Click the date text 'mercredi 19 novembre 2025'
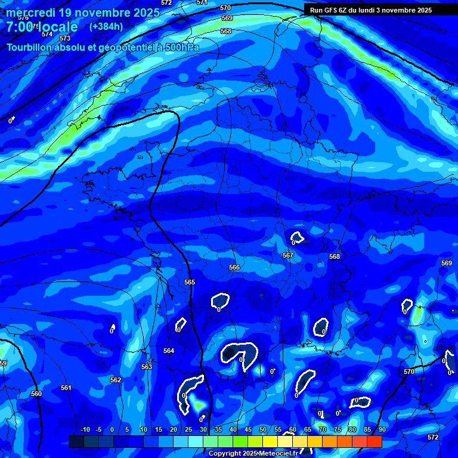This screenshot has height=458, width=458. click(83, 13)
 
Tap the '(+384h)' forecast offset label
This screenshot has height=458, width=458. click(106, 26)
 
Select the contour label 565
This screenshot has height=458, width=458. click(190, 282)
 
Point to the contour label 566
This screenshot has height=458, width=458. click(234, 268)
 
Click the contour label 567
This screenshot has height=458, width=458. click(288, 255)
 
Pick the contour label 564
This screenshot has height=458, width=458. click(169, 351)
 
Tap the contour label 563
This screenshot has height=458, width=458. click(147, 367)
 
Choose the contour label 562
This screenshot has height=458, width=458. click(116, 380)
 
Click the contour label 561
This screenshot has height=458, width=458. click(66, 388)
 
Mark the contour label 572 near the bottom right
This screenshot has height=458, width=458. click(433, 437)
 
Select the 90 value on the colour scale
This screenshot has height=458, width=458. click(382, 429)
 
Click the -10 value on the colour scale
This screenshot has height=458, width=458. click(85, 429)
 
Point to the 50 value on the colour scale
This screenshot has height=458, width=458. click(263, 429)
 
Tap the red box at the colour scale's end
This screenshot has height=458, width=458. click(375, 441)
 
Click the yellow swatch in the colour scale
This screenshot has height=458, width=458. click(270, 441)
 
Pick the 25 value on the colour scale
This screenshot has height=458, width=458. click(188, 429)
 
